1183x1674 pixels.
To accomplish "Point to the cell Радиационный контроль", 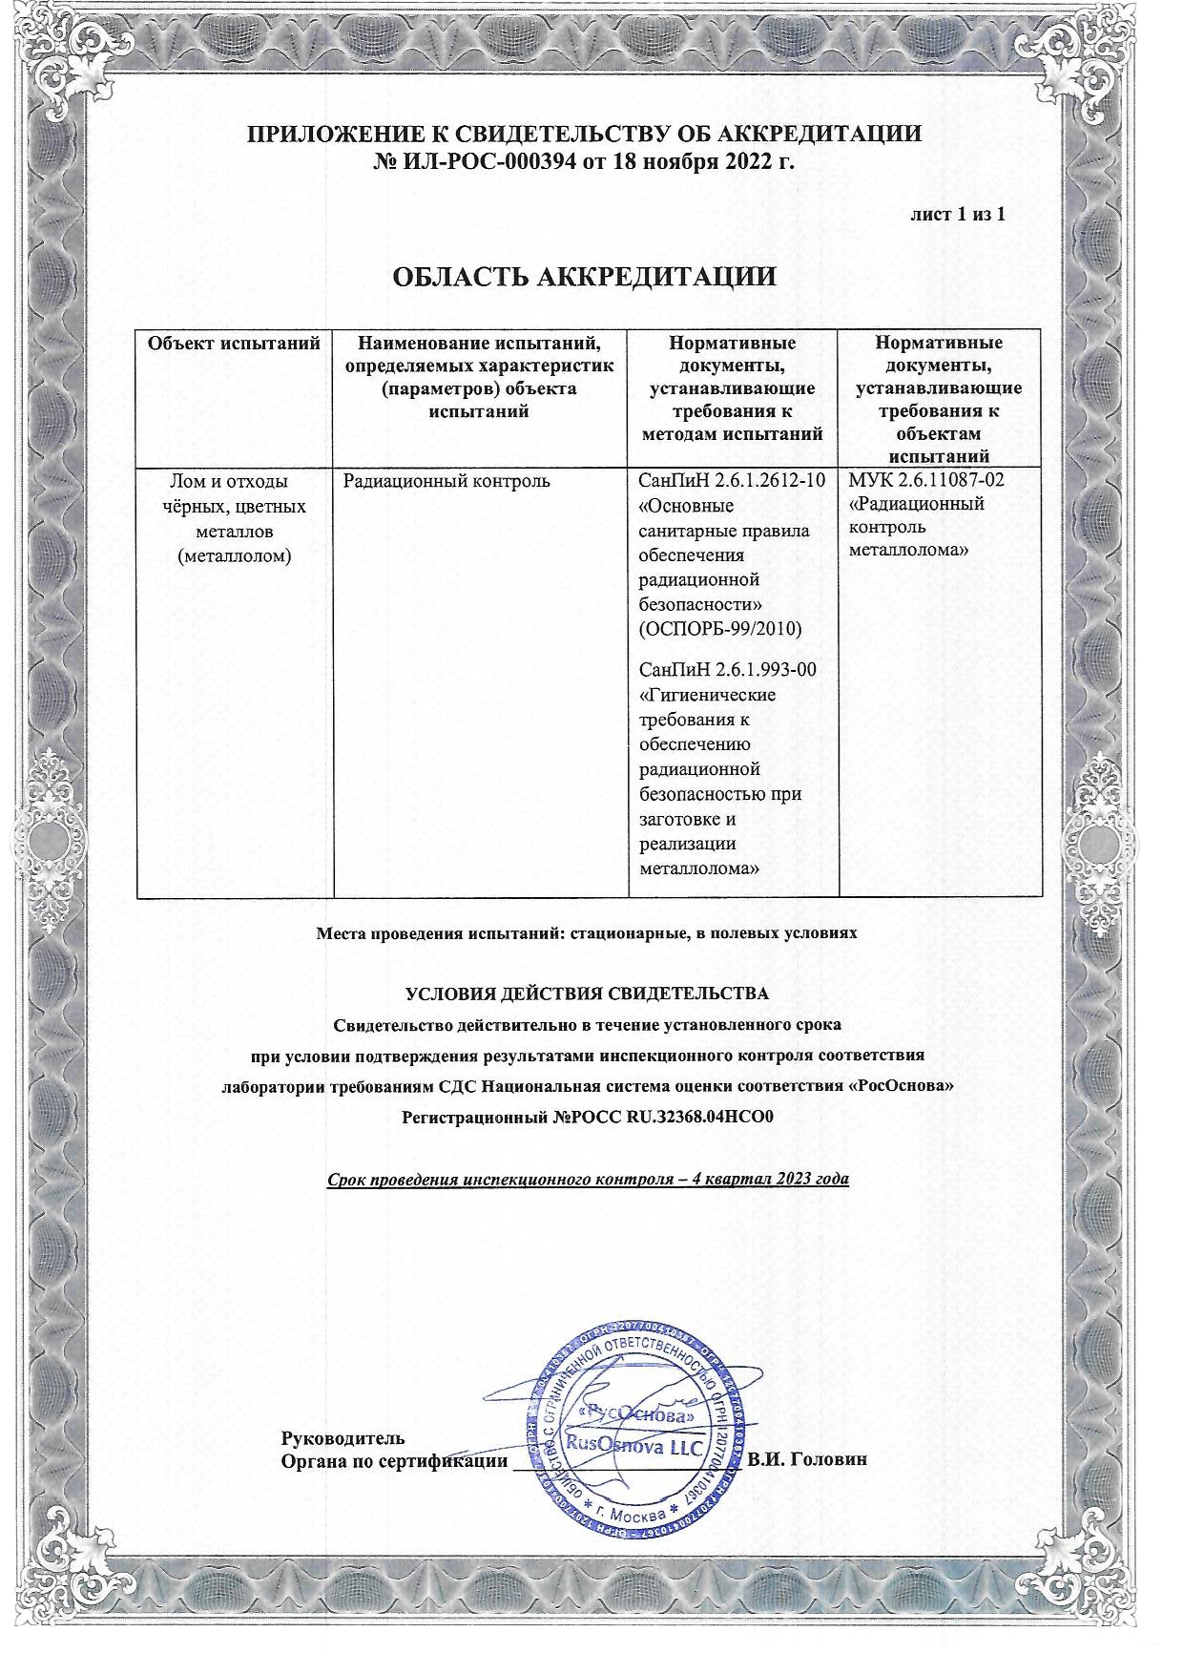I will click(446, 481).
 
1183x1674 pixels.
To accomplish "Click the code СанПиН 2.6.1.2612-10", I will click(732, 480).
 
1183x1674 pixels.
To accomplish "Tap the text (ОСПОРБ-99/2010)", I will click(718, 629).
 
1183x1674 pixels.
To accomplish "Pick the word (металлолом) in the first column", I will click(235, 555).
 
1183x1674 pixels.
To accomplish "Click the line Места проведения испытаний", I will click(586, 932).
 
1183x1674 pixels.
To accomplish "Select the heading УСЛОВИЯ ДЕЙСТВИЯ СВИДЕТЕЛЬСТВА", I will click(586, 994).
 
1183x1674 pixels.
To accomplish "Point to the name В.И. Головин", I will click(806, 1460).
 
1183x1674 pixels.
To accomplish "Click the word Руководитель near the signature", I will click(342, 1437).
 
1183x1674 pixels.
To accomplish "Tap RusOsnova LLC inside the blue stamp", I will click(633, 1446).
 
